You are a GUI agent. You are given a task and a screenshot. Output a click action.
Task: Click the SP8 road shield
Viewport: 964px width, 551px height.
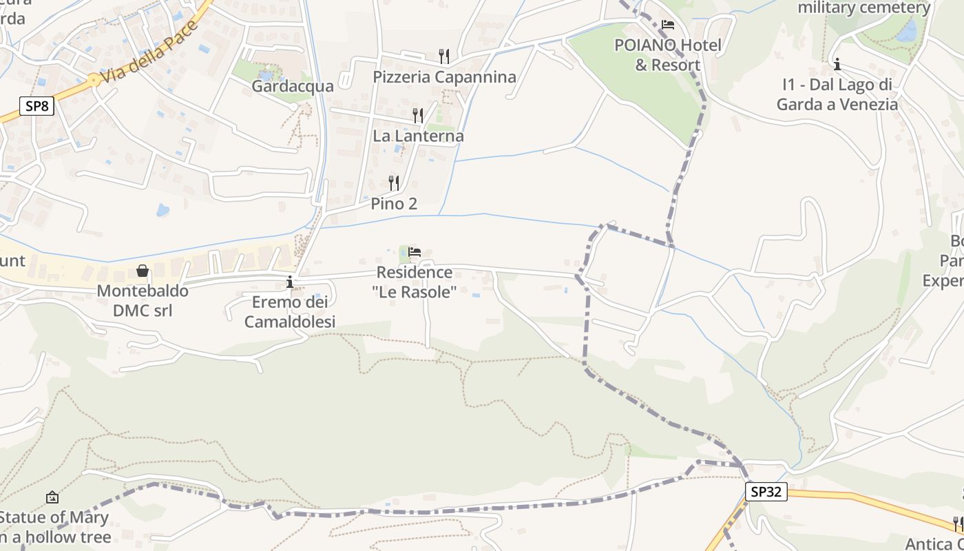(x=36, y=106)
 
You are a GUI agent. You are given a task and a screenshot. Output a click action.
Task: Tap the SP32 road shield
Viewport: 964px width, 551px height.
(x=766, y=491)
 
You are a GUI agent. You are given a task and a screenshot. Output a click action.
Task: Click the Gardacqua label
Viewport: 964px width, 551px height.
(x=293, y=86)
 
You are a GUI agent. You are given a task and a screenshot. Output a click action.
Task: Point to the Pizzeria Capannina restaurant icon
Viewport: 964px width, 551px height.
(x=444, y=55)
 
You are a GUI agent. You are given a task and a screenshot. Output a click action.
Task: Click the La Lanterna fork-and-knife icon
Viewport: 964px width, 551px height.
(x=418, y=115)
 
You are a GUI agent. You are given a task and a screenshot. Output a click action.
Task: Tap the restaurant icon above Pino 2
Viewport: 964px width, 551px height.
(x=394, y=183)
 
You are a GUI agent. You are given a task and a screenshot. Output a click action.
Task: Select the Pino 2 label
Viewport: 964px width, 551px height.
(x=394, y=204)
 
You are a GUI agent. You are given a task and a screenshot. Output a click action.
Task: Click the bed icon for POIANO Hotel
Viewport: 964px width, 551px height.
(x=667, y=25)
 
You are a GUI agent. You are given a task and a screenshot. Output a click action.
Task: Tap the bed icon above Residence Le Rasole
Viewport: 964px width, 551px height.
(x=415, y=252)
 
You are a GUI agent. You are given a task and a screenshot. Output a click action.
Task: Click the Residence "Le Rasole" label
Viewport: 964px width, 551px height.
(x=415, y=282)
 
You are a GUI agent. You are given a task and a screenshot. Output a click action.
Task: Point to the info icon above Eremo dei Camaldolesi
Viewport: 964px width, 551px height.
(x=290, y=282)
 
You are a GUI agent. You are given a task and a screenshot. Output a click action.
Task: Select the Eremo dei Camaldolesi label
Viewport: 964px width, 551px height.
(x=290, y=312)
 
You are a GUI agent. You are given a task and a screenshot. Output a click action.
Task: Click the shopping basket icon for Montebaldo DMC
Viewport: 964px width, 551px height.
(x=143, y=271)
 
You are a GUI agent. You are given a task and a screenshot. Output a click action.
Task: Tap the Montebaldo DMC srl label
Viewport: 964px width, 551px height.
(x=143, y=300)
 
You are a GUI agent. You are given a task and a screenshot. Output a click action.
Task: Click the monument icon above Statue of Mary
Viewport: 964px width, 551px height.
(x=52, y=497)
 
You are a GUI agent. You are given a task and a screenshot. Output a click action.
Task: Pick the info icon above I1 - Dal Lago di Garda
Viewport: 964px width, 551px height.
(x=837, y=65)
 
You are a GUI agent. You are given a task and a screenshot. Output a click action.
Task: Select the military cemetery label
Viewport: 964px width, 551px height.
(x=864, y=8)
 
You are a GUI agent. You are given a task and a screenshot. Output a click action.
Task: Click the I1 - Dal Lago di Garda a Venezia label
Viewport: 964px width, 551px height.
(x=837, y=95)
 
